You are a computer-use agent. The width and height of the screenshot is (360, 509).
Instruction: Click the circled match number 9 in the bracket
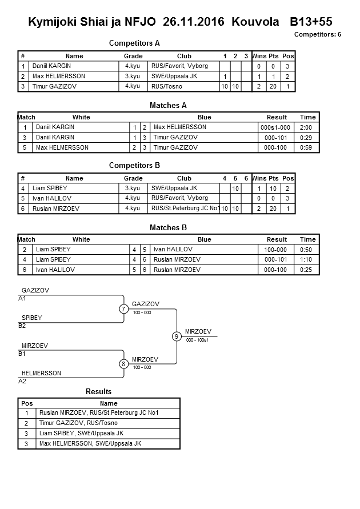click(x=177, y=336)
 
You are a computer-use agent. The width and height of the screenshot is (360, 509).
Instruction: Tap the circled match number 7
click(x=123, y=309)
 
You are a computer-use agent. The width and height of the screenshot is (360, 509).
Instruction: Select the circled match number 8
click(x=123, y=363)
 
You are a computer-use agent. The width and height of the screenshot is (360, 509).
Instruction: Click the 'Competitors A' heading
click(x=134, y=43)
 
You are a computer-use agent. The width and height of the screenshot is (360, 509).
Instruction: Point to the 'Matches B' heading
click(x=169, y=227)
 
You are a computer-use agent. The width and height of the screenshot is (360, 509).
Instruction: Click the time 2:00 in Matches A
click(x=307, y=127)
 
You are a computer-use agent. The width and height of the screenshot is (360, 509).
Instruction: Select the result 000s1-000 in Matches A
click(x=277, y=127)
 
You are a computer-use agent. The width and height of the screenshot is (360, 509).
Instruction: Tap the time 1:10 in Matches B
click(x=307, y=259)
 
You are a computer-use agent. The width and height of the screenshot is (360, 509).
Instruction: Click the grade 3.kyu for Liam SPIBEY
click(x=133, y=188)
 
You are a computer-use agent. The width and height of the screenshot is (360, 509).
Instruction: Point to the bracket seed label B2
click(x=22, y=326)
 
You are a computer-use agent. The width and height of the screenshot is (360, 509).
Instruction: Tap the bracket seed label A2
click(x=22, y=380)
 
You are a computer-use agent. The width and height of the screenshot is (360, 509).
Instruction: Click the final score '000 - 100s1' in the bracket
click(x=198, y=340)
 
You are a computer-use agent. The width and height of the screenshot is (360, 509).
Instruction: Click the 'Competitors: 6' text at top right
click(x=318, y=34)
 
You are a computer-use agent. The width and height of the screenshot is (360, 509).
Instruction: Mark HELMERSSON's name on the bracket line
click(x=41, y=373)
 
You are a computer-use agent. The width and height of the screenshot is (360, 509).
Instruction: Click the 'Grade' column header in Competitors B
click(x=133, y=178)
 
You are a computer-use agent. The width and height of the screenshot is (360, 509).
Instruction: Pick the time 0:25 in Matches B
click(x=307, y=270)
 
